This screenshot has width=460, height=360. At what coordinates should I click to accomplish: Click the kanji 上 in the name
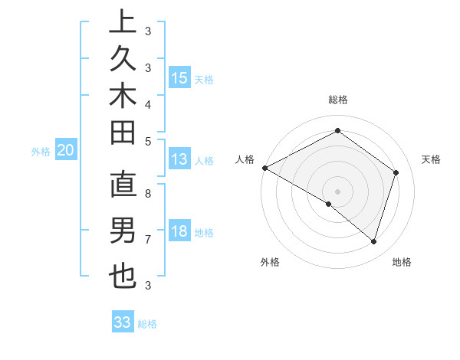click(123, 23)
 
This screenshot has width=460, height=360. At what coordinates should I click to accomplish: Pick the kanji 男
click(123, 230)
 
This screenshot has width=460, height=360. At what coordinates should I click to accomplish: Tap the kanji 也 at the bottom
click(123, 275)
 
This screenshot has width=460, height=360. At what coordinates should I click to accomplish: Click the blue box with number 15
click(179, 78)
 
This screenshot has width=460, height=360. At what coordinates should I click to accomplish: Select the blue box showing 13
click(179, 160)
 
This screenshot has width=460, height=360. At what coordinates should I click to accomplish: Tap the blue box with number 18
click(179, 232)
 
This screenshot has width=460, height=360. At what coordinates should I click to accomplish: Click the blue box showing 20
click(66, 151)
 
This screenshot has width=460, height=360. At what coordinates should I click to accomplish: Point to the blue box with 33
click(123, 322)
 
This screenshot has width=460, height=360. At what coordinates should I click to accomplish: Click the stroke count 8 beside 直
click(148, 194)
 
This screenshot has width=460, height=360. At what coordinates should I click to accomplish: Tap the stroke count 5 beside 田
click(148, 141)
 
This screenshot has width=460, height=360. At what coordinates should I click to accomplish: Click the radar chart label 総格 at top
click(338, 100)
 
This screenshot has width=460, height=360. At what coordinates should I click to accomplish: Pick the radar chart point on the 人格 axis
click(264, 168)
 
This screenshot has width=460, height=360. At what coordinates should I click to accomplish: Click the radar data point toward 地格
click(374, 242)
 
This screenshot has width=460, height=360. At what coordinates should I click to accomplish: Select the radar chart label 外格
click(270, 263)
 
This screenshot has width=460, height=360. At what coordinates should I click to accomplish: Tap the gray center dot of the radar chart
click(338, 191)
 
